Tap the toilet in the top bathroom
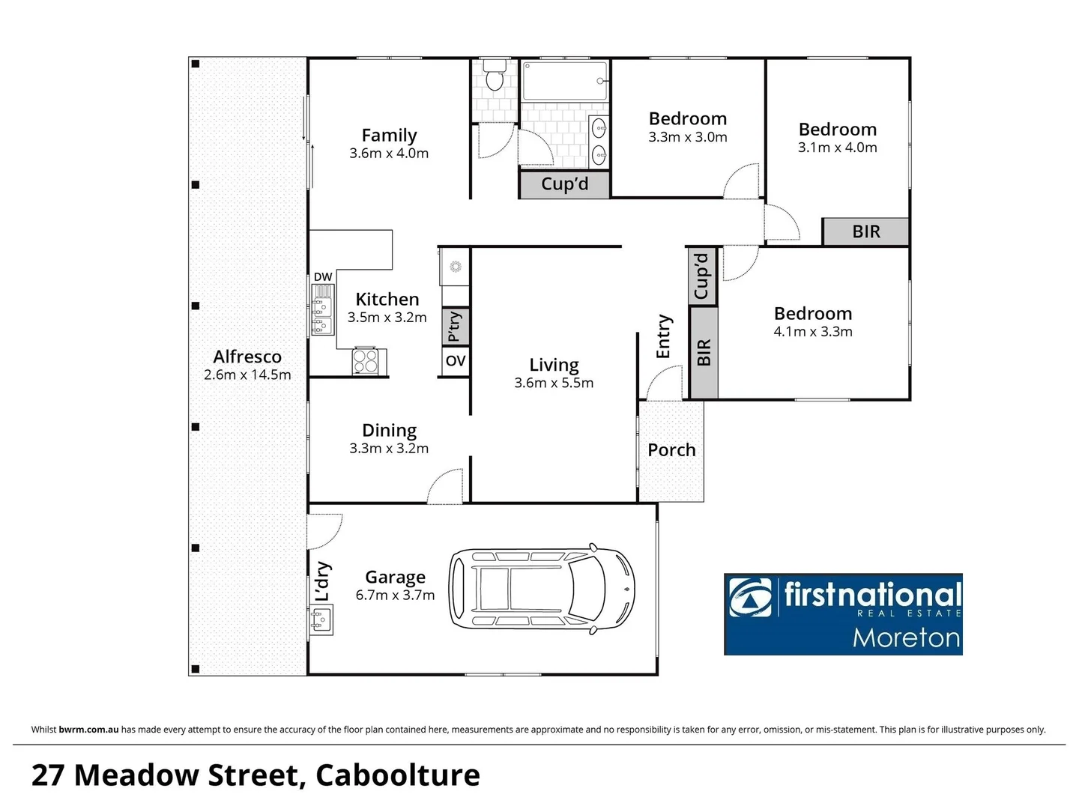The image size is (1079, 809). pos(494,76)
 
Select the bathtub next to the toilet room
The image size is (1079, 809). pos(564,81)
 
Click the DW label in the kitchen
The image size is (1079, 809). pos(323,277)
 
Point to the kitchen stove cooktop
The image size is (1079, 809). pos(366,361)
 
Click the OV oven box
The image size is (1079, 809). pos(455,361)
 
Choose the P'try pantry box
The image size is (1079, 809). pos(455,327)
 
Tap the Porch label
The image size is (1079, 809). pos(671,450)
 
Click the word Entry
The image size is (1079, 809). pos(663,336)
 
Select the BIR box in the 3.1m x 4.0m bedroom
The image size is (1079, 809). pos(865,231)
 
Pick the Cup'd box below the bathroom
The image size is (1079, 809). pos(564,184)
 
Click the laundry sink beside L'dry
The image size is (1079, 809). pos(321,620)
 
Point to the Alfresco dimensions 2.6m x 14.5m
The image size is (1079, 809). pos(247,375)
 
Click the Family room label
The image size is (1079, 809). pos(389,136)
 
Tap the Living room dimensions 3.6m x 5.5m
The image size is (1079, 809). pos(554,384)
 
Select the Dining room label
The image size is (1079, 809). pos(389,431)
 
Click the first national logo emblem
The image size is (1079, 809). pos(750,597)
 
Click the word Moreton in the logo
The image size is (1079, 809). pos(906,638)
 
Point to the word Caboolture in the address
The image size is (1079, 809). pos(398,775)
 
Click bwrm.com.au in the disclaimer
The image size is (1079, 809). pos(88,730)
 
